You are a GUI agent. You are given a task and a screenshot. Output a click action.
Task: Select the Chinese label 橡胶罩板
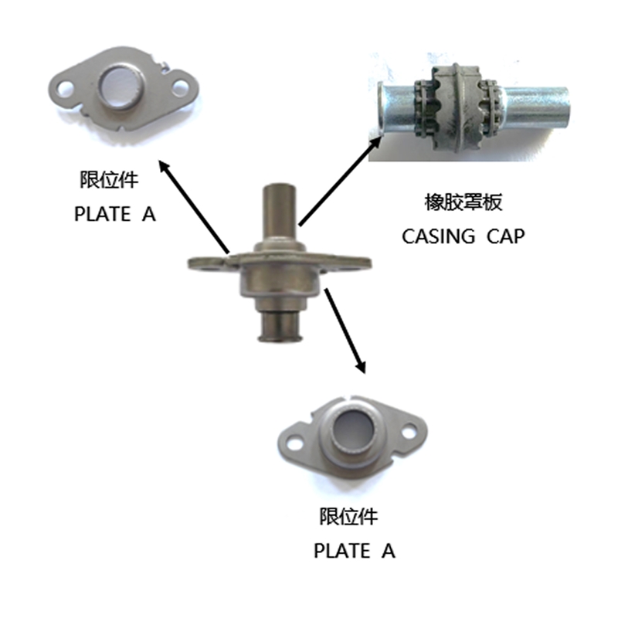(x=463, y=203)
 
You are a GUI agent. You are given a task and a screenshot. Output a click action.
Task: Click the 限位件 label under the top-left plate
(x=109, y=182)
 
